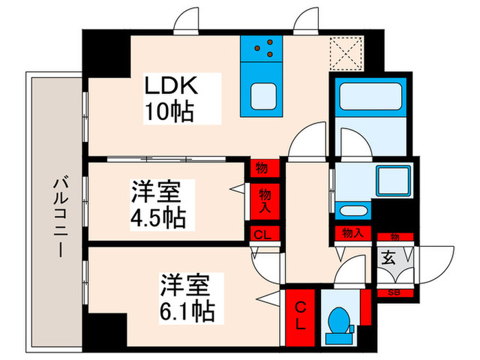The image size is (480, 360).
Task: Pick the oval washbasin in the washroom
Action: coord(354,212)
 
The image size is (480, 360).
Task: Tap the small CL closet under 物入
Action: coord(263,235)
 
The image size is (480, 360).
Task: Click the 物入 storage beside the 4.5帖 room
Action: coord(264,200)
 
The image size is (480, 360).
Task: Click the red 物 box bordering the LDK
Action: coord(263,167)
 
